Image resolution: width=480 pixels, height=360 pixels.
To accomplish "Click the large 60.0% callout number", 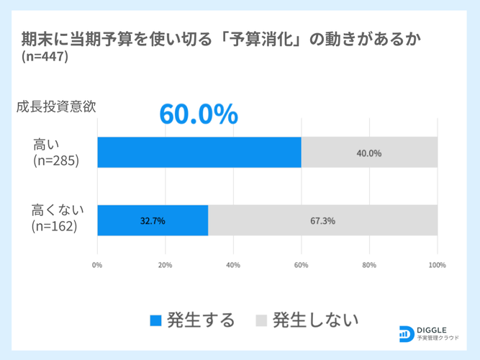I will pyautogui.click(x=198, y=113).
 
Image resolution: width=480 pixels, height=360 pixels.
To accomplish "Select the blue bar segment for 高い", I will pyautogui.click(x=199, y=152).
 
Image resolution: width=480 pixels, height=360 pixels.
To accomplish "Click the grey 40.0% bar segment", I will pyautogui.click(x=369, y=152).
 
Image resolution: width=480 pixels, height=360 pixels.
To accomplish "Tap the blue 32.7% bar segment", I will pyautogui.click(x=153, y=220).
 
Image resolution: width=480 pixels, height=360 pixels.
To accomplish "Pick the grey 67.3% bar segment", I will pyautogui.click(x=322, y=220).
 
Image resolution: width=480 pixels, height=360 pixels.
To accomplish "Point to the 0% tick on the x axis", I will pyautogui.click(x=97, y=265).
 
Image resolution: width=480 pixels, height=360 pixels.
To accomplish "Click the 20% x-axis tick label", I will pyautogui.click(x=165, y=265).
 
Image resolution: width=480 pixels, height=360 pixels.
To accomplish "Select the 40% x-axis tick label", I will pyautogui.click(x=233, y=265).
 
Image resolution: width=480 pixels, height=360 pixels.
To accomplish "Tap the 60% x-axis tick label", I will pyautogui.click(x=301, y=265).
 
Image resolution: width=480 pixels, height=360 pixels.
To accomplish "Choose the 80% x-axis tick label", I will pyautogui.click(x=369, y=265).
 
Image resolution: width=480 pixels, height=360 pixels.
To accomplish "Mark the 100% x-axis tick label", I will pyautogui.click(x=437, y=265).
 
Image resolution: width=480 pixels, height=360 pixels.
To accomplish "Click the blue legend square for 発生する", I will pyautogui.click(x=156, y=320).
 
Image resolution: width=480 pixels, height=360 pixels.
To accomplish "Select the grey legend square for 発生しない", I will pyautogui.click(x=262, y=320).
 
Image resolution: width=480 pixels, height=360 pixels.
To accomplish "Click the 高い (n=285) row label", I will pyautogui.click(x=55, y=152).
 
